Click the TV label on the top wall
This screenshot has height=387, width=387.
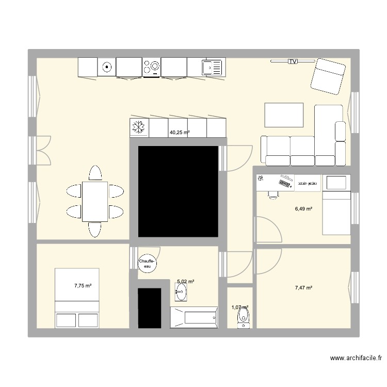tap(293, 61)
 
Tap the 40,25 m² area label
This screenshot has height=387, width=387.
tap(180, 133)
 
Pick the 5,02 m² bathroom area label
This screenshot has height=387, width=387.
tap(185, 282)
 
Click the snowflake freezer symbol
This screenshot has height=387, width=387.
tap(139, 128)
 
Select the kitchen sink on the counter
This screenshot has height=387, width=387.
tap(211, 67)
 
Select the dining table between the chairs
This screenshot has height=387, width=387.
tap(94, 201)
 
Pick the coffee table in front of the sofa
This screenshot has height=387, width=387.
tap(284, 115)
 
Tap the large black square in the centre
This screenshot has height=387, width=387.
tap(178, 191)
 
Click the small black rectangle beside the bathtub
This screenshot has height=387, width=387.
tap(150, 308)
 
